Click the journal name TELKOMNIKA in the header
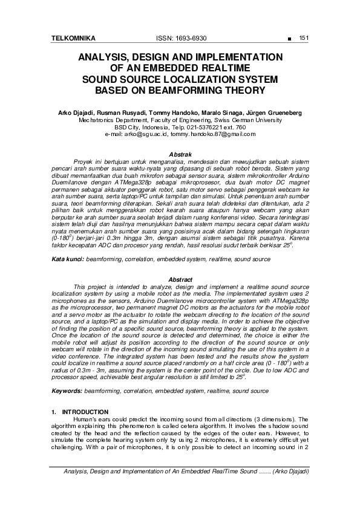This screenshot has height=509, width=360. coord(74,38)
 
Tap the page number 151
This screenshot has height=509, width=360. coord(304,38)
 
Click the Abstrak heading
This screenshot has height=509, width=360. coord(180,155)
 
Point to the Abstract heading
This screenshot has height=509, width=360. coord(180,279)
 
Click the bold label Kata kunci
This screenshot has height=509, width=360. coord(67,258)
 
